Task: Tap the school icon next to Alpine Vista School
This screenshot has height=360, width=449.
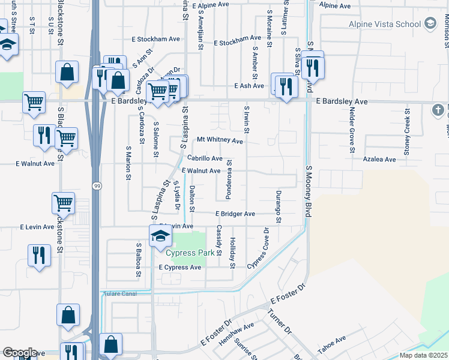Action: pyautogui.click(x=430, y=24)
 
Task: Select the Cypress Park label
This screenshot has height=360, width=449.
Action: pyautogui.click(x=190, y=253)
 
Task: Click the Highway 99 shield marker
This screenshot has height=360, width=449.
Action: pyautogui.click(x=97, y=187)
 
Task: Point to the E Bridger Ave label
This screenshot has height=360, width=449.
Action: pyautogui.click(x=235, y=214)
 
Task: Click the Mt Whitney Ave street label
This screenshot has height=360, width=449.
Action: pyautogui.click(x=220, y=141)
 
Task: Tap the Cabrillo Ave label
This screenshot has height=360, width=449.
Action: pyautogui.click(x=205, y=158)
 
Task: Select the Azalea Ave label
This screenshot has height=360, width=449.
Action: pyautogui.click(x=380, y=160)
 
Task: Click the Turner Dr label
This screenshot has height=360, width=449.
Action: pyautogui.click(x=279, y=323)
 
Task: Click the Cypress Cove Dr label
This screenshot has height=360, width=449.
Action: pyautogui.click(x=261, y=248)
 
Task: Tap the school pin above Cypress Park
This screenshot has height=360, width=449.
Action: pyautogui.click(x=160, y=236)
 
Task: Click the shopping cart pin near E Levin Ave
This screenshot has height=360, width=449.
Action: pyautogui.click(x=64, y=203)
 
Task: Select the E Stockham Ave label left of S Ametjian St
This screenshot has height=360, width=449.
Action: pyautogui.click(x=156, y=39)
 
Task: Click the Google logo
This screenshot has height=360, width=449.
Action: pyautogui.click(x=19, y=353)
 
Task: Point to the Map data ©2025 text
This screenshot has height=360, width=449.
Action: pyautogui.click(x=423, y=355)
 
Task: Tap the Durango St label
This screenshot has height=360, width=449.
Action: pyautogui.click(x=279, y=207)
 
